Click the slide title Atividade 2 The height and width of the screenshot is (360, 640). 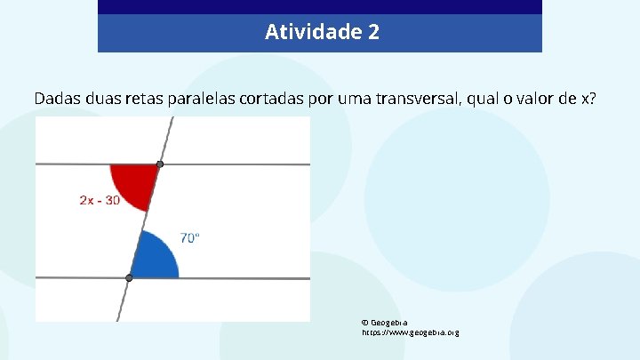click(322, 33)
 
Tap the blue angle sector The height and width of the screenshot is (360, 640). click(156, 258)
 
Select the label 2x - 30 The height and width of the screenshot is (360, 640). click(100, 200)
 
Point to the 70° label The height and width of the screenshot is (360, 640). click(190, 237)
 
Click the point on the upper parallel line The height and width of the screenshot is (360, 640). click(160, 164)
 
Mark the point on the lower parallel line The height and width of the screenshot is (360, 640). click(129, 278)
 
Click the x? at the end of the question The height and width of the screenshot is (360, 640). click(588, 98)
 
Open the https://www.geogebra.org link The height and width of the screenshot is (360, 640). click(410, 332)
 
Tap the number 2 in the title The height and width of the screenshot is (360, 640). click(373, 33)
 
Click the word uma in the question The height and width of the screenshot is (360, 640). click(350, 98)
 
